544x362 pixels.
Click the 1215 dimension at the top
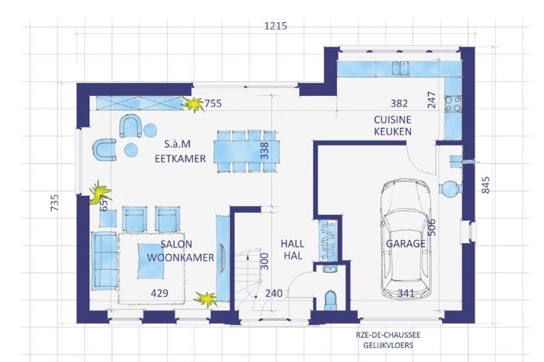pyautogui.click(x=276, y=26)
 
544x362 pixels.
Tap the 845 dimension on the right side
pyautogui.click(x=486, y=185)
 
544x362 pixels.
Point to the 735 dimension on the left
pyautogui.click(x=55, y=202)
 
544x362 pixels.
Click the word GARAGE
pyautogui.click(x=406, y=243)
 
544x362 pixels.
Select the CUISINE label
pyautogui.click(x=392, y=120)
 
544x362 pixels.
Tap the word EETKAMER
pyautogui.click(x=180, y=158)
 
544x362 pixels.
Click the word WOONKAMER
pyautogui.click(x=180, y=258)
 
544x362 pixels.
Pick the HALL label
pyautogui.click(x=293, y=244)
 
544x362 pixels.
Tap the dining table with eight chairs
pyautogui.click(x=248, y=151)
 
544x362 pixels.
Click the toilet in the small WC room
pyautogui.click(x=330, y=300)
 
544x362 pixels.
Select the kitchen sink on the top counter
pyautogui.click(x=401, y=68)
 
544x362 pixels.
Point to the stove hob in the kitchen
pyautogui.click(x=453, y=104)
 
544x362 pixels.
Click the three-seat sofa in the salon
pyautogui.click(x=103, y=261)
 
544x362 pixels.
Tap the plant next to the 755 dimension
pyautogui.click(x=193, y=104)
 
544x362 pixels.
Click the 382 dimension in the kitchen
pyautogui.click(x=399, y=103)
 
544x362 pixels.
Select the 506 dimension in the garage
pyautogui.click(x=432, y=228)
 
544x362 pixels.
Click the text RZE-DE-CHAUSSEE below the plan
pyautogui.click(x=388, y=335)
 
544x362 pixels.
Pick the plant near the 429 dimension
pyautogui.click(x=206, y=299)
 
